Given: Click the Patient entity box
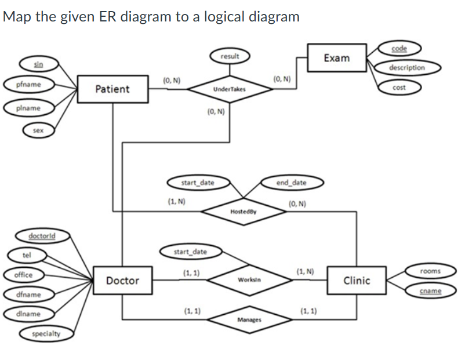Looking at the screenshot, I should [112, 89].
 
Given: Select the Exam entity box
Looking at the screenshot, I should [336, 57].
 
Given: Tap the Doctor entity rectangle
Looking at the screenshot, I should [122, 281].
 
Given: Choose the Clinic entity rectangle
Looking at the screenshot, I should [356, 281].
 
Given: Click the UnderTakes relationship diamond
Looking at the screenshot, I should [229, 90].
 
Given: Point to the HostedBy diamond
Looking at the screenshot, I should [243, 212].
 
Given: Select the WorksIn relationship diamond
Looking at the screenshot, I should [250, 280].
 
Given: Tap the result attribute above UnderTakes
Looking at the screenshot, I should [230, 56].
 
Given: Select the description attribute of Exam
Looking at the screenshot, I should [406, 68].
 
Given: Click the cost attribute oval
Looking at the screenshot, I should [398, 88].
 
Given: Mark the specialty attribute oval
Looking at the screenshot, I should [44, 333].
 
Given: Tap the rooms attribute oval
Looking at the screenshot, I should [431, 271].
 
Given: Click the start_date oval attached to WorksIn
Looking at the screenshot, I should [190, 252].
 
